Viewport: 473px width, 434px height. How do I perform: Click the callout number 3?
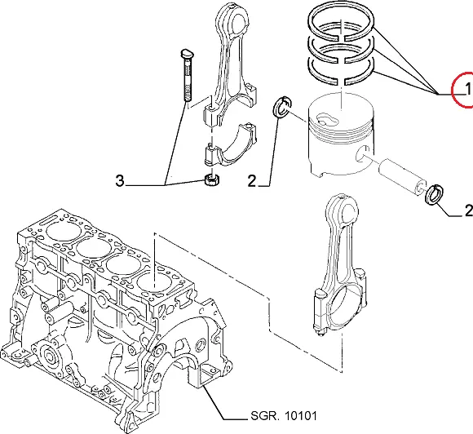click(x=120, y=181)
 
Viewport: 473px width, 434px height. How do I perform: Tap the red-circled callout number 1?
click(x=468, y=89)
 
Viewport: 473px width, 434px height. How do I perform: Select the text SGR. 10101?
click(x=284, y=416)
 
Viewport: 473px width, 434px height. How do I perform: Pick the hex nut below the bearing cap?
click(x=211, y=180)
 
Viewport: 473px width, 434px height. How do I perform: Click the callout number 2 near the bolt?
click(x=251, y=181)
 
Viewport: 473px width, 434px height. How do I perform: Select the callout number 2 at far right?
click(x=468, y=210)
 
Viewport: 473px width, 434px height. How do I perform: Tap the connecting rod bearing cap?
click(x=229, y=145)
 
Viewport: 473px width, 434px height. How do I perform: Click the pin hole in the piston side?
click(x=363, y=153)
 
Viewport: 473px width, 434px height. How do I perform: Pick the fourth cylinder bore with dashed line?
click(x=154, y=282)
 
